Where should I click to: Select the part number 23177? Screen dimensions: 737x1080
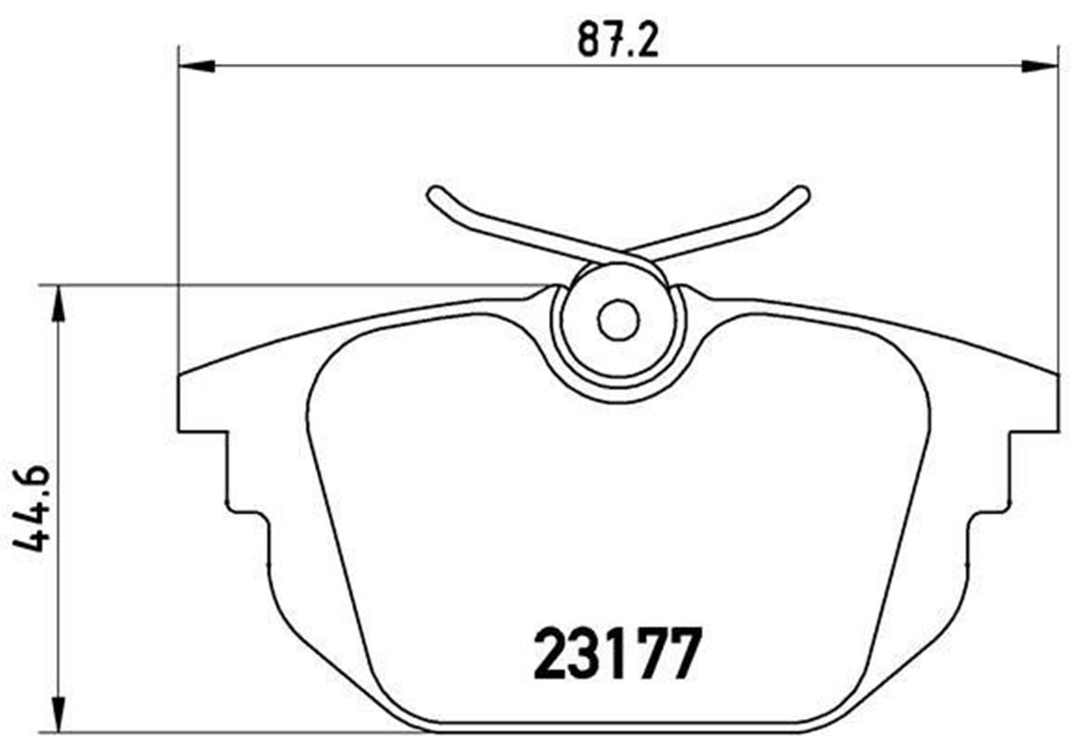coord(617,654)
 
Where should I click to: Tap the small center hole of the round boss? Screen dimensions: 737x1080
coord(618,320)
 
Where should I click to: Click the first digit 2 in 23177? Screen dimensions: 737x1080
coord(551,654)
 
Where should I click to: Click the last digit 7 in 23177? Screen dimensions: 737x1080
coord(685,654)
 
